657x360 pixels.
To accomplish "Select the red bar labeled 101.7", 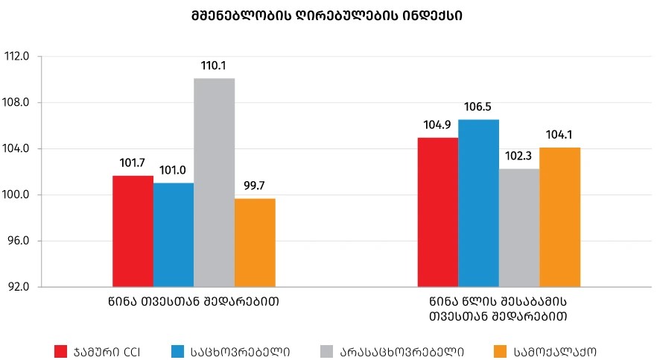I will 133,231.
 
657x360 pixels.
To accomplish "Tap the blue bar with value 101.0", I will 174,235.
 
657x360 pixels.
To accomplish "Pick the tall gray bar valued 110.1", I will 214,183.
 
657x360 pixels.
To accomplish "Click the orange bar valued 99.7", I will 255,242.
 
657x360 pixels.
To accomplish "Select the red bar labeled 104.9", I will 438,212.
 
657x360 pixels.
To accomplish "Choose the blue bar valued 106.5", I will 478,203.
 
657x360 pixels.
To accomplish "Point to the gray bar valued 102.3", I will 519,227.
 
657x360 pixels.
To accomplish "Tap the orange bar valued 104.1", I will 559,217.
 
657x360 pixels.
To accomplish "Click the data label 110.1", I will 214,66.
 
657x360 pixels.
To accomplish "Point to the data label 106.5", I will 478,107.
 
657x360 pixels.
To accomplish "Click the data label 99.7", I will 255,186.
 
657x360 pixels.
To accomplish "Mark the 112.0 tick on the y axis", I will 16,57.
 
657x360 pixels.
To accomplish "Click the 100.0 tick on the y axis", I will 16,195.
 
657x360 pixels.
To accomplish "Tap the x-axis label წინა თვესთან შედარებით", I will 194,303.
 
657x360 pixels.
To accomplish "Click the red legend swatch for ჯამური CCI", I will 61,350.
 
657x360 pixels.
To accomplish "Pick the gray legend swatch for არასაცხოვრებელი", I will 326,350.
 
